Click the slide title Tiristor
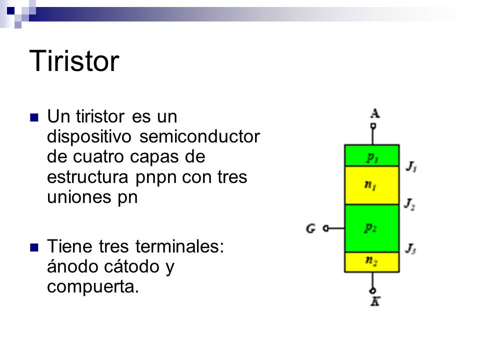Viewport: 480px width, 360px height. click(74, 61)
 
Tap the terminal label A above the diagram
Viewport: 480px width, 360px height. click(375, 113)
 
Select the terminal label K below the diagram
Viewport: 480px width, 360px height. click(375, 301)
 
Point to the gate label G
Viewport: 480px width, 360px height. click(310, 228)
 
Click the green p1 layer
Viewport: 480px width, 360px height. click(372, 155)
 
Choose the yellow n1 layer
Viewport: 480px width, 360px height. click(372, 185)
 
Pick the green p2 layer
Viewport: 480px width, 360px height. click(372, 228)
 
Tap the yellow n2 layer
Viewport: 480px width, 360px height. click(372, 262)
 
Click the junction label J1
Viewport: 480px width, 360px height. click(411, 167)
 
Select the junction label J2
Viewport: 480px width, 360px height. click(409, 204)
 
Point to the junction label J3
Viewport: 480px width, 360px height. click(410, 248)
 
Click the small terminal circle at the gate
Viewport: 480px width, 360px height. click(326, 228)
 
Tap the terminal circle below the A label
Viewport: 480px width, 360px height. click(373, 126)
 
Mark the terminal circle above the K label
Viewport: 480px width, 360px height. click(373, 290)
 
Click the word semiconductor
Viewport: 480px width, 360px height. click(199, 136)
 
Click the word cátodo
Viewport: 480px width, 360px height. click(131, 266)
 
